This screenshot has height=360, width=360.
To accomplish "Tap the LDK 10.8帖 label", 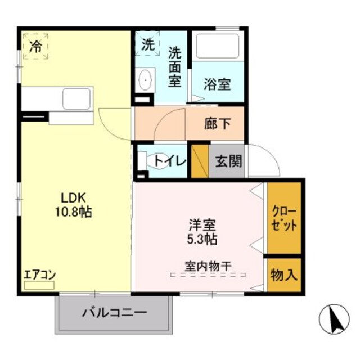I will pyautogui.click(x=73, y=205).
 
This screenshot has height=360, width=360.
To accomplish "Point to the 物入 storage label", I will pyautogui.click(x=285, y=275).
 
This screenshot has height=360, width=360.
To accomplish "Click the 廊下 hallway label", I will pyautogui.click(x=217, y=123).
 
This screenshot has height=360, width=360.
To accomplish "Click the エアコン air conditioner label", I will pyautogui.click(x=39, y=276).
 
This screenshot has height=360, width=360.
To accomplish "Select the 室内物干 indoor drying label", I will pyautogui.click(x=209, y=265).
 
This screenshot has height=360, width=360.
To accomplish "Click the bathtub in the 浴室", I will pyautogui.click(x=218, y=46).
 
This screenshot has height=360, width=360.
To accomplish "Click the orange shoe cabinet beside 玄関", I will pyautogui.click(x=200, y=162).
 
